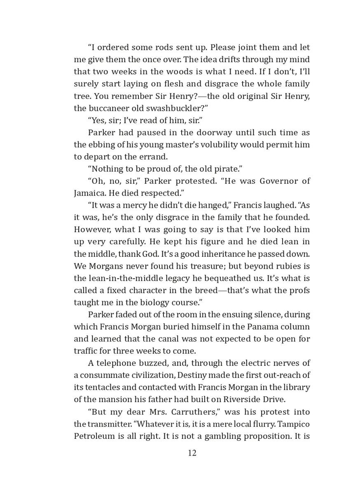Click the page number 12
192,453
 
